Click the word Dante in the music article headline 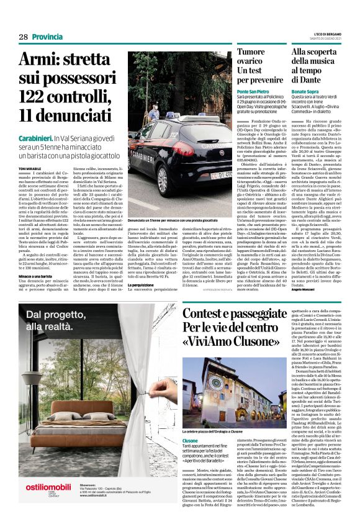pos(310,81)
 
